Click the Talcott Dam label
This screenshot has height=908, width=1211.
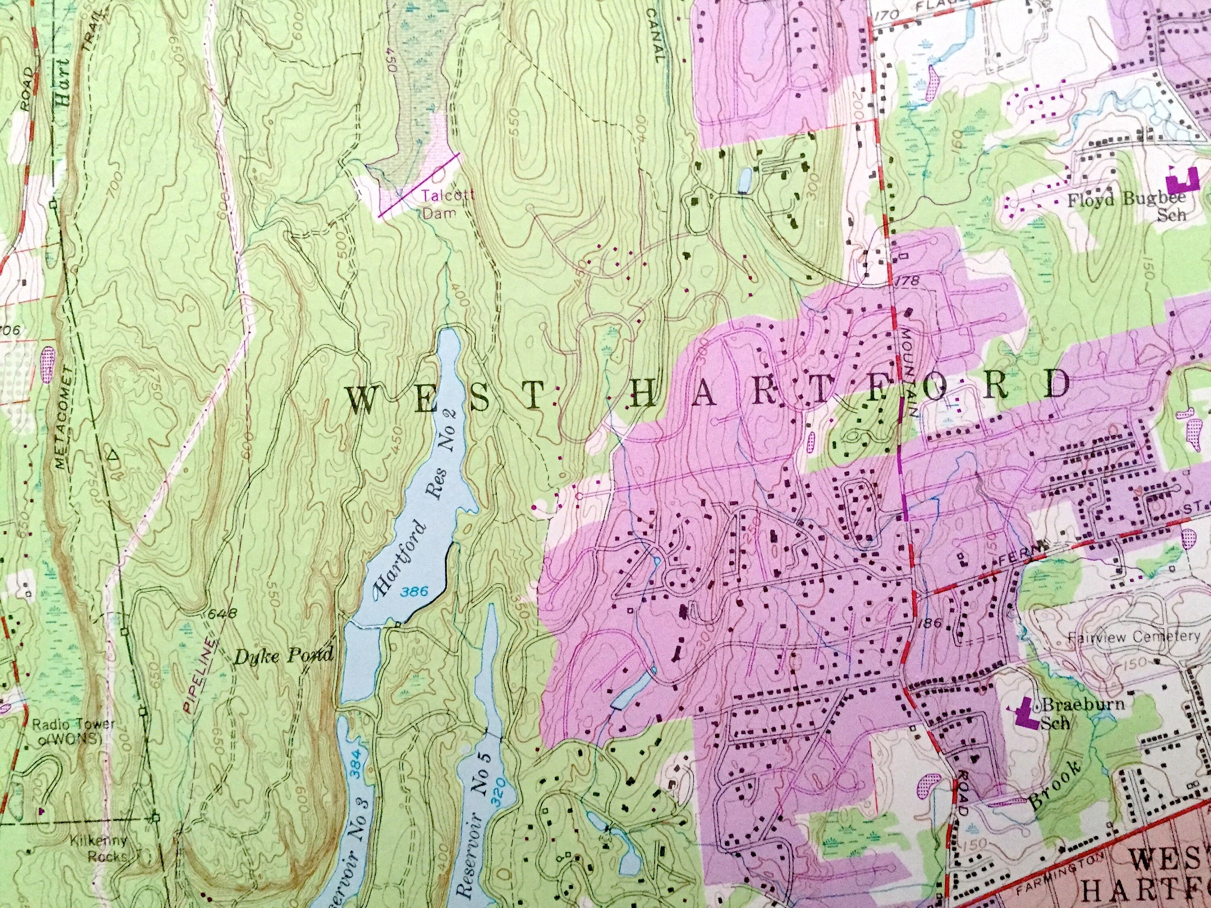pos(440,204)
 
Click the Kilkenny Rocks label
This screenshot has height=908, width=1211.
pos(98,848)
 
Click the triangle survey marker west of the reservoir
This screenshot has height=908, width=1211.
pos(113,454)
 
